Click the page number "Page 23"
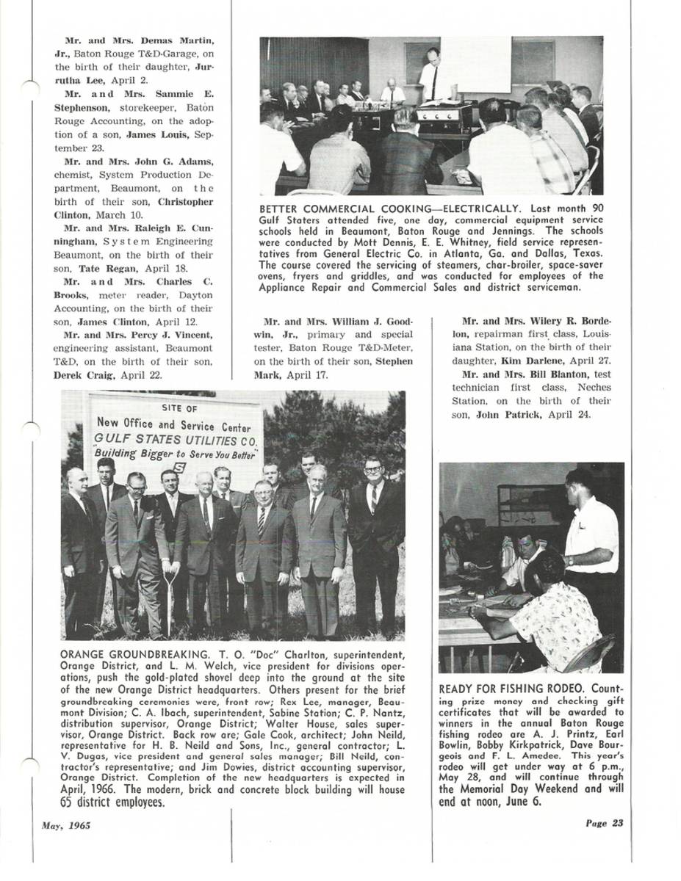point(605,823)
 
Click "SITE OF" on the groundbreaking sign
point(179,408)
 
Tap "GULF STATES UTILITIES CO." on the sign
point(176,440)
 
